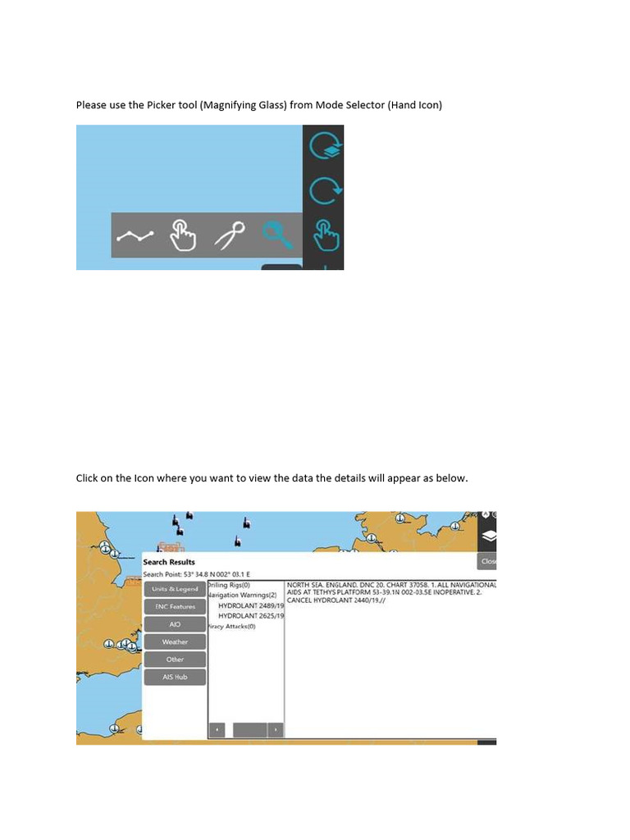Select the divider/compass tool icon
[230, 236]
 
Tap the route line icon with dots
[135, 236]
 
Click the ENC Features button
[175, 607]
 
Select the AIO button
[175, 624]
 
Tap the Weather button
[175, 642]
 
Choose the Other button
[175, 660]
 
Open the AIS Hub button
[175, 678]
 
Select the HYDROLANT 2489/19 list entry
[250, 605]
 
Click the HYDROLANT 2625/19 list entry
[250, 615]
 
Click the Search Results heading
[169, 562]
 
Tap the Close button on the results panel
[488, 562]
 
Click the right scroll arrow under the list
[276, 729]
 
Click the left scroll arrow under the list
[217, 729]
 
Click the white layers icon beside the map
[488, 536]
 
